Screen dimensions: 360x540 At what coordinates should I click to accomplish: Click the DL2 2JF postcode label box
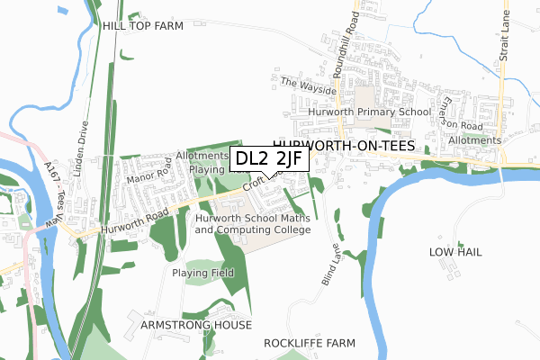(270, 158)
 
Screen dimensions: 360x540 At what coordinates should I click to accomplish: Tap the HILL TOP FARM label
(142, 26)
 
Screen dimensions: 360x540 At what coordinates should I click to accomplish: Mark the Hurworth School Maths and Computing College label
(253, 223)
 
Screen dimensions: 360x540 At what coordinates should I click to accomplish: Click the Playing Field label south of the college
(203, 273)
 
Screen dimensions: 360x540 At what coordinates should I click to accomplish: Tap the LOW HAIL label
(455, 252)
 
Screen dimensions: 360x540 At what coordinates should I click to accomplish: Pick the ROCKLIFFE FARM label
(310, 344)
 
